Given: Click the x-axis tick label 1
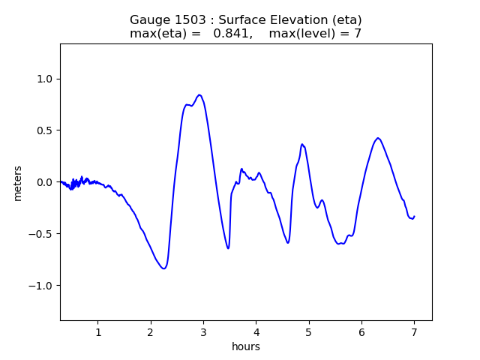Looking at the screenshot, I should coord(97,332).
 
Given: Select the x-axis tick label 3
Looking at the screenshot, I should coord(203,332).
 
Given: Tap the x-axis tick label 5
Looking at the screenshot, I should coord(308,332).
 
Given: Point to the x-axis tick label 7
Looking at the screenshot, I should coord(414,332).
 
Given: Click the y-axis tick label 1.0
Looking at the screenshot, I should coord(45,79).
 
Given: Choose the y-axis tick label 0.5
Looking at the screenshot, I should coord(45,130).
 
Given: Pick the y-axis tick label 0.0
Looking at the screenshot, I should coord(45,182).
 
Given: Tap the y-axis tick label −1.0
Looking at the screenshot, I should coord(42,286).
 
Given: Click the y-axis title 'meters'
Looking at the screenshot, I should coord(17,183).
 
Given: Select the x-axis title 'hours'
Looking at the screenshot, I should coord(246,347).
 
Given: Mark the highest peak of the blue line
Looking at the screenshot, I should coord(199,95).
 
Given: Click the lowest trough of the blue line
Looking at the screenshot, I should coord(163,268).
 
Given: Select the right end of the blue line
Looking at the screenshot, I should coord(414,216).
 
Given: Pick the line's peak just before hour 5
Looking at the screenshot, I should coord(302,144).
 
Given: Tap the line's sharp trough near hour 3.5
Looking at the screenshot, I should coord(228,248).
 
